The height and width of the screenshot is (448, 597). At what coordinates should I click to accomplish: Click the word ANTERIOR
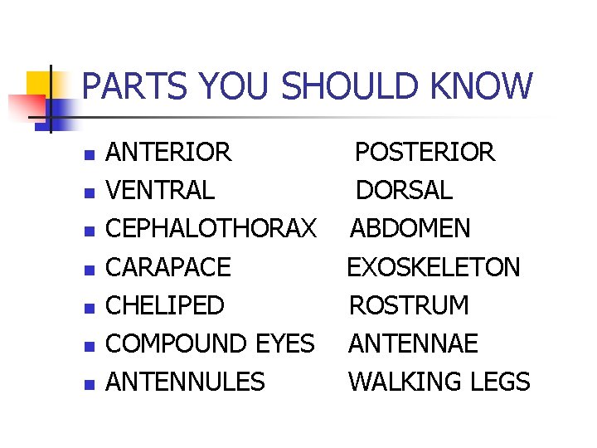169,153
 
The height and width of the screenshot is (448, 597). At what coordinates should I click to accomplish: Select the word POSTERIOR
425,153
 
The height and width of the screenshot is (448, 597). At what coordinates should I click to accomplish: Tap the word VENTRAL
161,191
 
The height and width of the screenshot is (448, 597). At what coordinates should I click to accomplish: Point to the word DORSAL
404,191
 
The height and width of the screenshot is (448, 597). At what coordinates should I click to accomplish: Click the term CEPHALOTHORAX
211,229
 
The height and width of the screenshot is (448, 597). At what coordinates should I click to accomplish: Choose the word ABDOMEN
410,229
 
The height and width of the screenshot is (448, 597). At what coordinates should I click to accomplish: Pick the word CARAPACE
169,267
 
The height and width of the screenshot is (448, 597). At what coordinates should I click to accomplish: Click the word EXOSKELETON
433,267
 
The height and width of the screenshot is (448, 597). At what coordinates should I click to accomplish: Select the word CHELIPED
166,305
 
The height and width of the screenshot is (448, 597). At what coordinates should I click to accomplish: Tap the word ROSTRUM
409,305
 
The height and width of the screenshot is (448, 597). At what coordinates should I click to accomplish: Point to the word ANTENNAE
413,343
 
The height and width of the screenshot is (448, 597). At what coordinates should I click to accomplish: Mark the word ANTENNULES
186,382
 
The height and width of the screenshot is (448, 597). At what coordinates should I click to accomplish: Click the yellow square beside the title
39,82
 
